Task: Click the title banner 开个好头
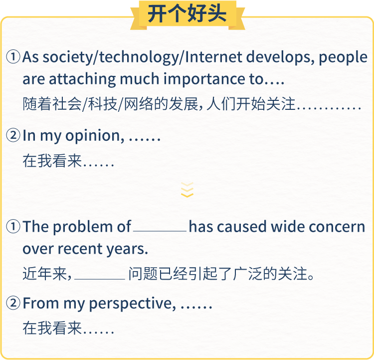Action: tap(187, 14)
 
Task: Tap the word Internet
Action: tap(213, 57)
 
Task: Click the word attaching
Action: tap(82, 79)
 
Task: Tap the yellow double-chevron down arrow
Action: tap(187, 190)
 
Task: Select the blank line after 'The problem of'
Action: tap(160, 231)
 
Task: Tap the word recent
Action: tap(80, 249)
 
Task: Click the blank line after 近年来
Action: tap(100, 279)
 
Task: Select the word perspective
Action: tap(131, 304)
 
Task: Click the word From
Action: tap(41, 304)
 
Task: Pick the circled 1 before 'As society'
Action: tap(13, 57)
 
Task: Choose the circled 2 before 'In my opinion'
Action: tap(13, 135)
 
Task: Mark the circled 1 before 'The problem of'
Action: tap(13, 227)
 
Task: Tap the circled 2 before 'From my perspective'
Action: tap(13, 303)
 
